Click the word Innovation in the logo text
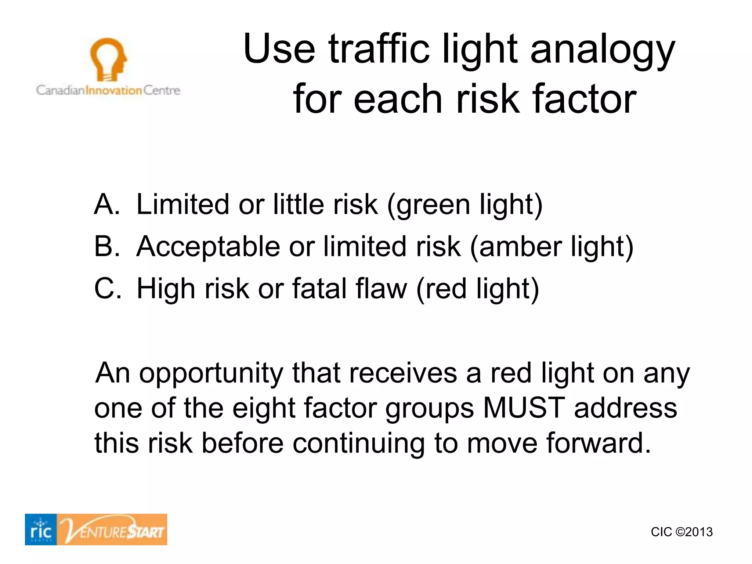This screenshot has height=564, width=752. click(113, 90)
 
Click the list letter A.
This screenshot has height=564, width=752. click(106, 205)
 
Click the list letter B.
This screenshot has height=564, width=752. click(106, 246)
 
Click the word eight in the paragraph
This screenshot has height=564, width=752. click(264, 408)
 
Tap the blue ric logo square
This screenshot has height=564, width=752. click(41, 529)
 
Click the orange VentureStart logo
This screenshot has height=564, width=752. click(112, 529)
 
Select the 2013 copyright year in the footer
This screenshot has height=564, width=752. click(698, 532)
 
